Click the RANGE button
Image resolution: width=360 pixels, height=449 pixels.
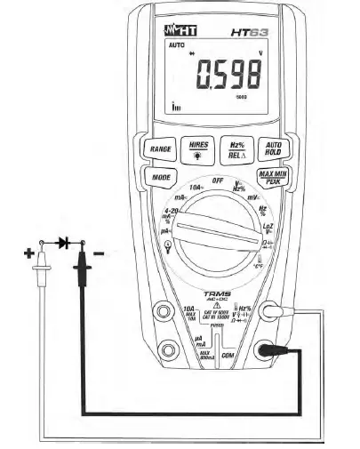tap(160, 149)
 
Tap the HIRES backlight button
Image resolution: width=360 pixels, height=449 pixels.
tap(197, 148)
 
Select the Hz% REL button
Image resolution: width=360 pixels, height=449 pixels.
tap(236, 148)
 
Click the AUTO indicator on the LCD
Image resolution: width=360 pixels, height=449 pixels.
tap(174, 44)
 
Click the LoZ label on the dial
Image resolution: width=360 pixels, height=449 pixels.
tap(268, 228)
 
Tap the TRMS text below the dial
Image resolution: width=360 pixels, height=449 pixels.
tap(216, 294)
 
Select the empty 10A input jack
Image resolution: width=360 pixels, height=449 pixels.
tap(164, 312)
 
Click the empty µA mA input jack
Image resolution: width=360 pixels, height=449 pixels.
tap(164, 351)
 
